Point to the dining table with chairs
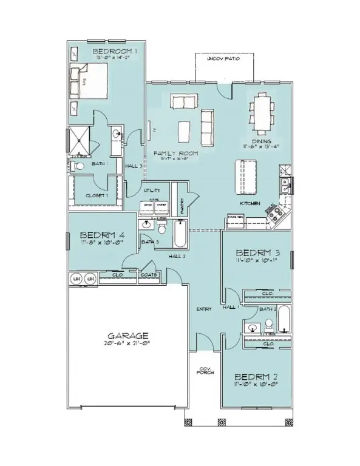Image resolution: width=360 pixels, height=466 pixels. (262, 112)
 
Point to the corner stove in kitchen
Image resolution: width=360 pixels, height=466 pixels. (276, 213)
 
